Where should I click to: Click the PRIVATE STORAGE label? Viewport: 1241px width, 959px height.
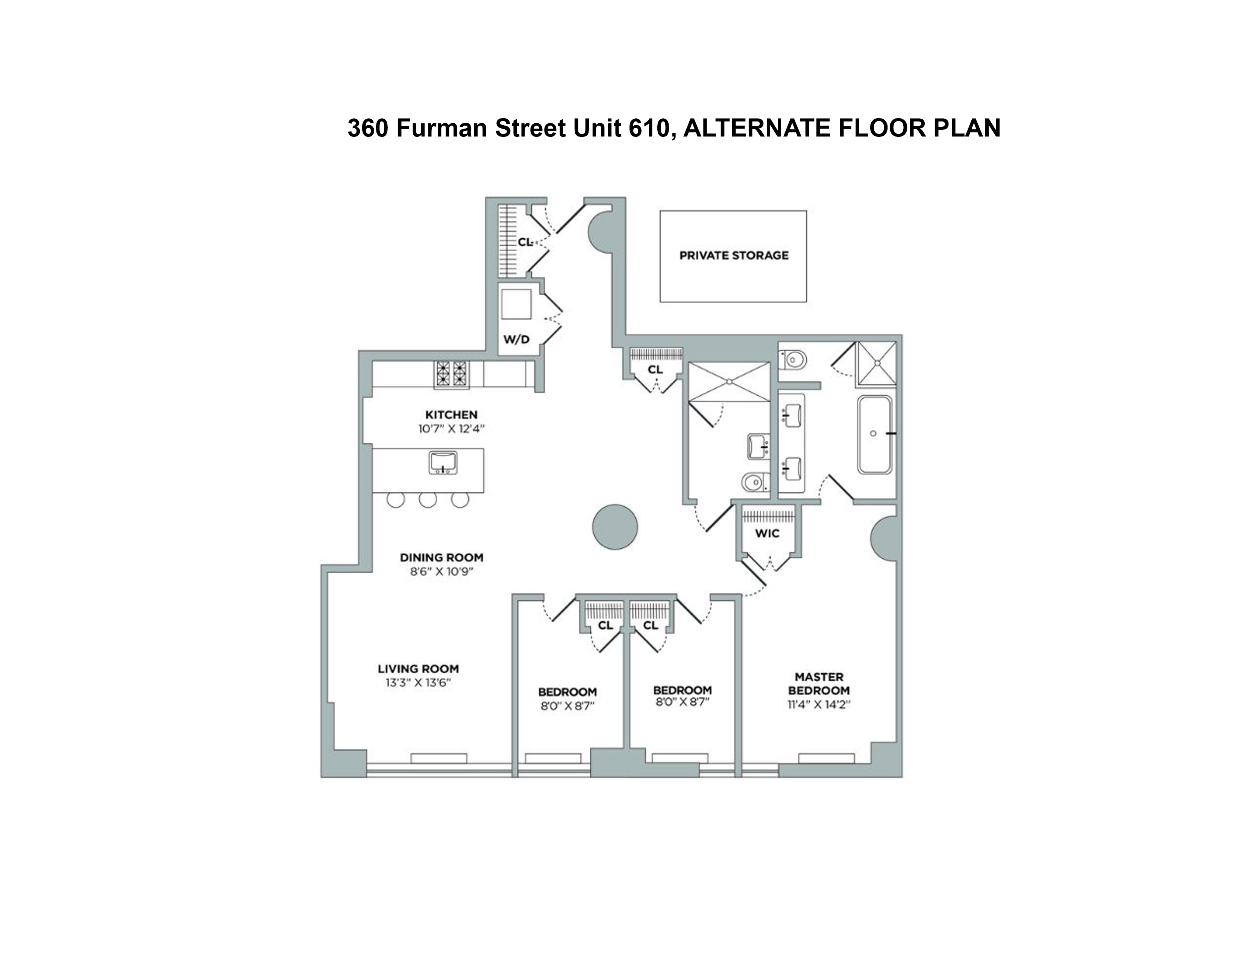pyautogui.click(x=734, y=256)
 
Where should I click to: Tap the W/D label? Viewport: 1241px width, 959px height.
pyautogui.click(x=516, y=340)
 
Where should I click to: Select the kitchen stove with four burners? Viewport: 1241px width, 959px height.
pyautogui.click(x=452, y=374)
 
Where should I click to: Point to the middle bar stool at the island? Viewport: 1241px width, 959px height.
pyautogui.click(x=428, y=499)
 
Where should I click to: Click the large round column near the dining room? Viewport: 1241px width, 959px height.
pyautogui.click(x=615, y=527)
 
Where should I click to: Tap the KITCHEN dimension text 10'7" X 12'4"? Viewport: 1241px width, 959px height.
pyautogui.click(x=451, y=429)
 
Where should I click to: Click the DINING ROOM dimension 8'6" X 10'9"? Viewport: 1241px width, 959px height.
pyautogui.click(x=441, y=572)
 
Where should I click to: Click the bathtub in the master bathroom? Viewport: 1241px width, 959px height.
pyautogui.click(x=874, y=435)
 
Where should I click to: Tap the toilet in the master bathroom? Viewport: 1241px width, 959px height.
pyautogui.click(x=794, y=360)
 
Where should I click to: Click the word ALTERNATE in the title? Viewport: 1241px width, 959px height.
pyautogui.click(x=757, y=128)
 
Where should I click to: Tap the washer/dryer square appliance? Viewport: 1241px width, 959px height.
pyautogui.click(x=516, y=304)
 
